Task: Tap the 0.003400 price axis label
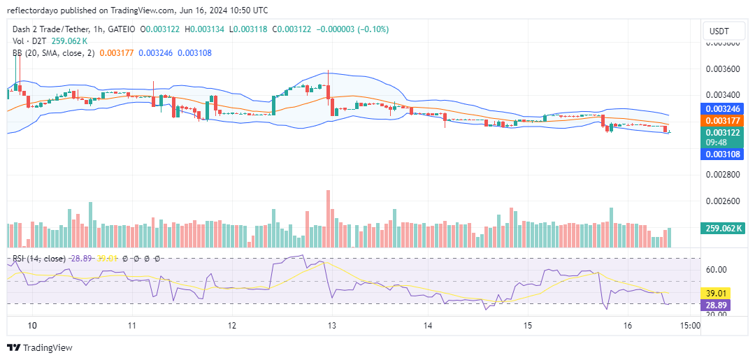pos(722,95)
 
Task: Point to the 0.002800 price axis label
pos(722,175)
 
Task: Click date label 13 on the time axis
pos(332,326)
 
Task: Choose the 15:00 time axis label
pos(689,326)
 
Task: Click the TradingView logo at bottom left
pos(40,347)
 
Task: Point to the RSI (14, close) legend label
pos(39,259)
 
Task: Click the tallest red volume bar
pos(327,218)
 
